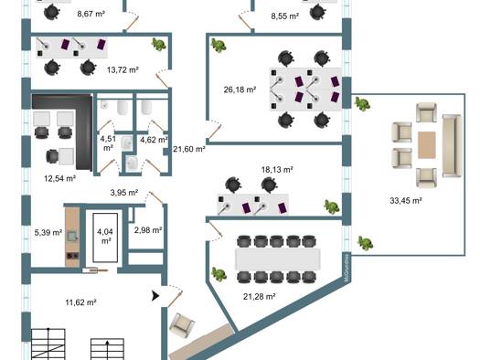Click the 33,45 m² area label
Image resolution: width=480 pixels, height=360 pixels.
click(x=406, y=201)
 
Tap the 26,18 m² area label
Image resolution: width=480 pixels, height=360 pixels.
click(x=240, y=90)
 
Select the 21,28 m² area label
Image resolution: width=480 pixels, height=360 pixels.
click(x=260, y=296)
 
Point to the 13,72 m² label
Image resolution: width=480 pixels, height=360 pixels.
click(x=123, y=69)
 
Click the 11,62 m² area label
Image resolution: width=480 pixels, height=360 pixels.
click(x=81, y=302)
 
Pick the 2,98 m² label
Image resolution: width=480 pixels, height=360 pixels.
click(x=148, y=230)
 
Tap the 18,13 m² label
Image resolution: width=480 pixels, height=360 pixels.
click(x=277, y=169)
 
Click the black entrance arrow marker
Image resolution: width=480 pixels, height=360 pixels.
click(x=155, y=296)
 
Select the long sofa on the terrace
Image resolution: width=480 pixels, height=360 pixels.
click(x=452, y=146)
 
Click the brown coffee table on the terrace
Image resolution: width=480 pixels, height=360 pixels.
click(x=427, y=145)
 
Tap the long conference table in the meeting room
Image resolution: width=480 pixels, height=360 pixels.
click(x=278, y=259)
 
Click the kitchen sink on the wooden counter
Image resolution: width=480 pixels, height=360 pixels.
click(x=72, y=236)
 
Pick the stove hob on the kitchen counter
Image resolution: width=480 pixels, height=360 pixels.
click(x=72, y=256)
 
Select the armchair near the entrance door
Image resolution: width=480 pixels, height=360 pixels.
click(x=183, y=325)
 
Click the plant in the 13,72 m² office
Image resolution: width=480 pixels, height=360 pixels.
click(x=159, y=45)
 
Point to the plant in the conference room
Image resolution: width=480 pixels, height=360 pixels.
click(x=219, y=274)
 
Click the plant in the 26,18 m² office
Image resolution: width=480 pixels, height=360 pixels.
click(x=219, y=46)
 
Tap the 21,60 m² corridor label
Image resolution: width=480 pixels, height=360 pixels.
click(x=189, y=149)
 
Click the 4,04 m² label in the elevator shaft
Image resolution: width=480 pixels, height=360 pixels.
click(x=105, y=236)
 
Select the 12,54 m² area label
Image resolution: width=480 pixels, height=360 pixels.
click(x=60, y=178)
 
